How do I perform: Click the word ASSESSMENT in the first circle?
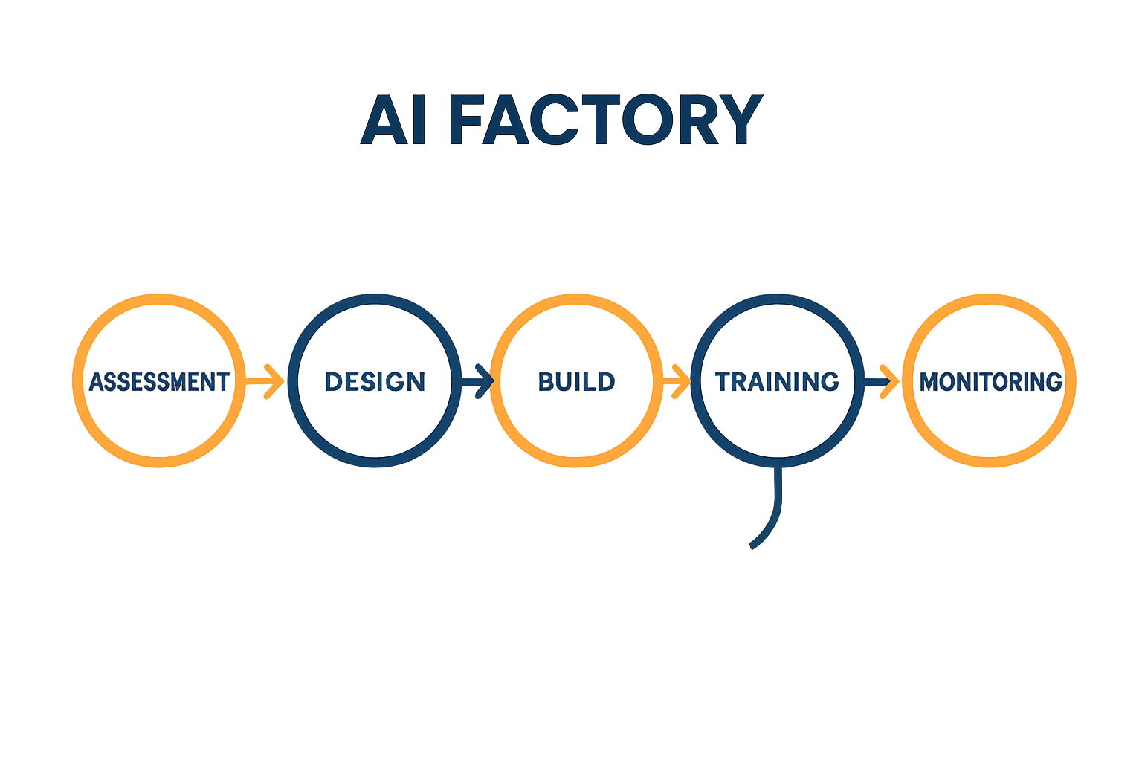159,382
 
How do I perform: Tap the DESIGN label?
375,382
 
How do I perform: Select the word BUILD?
576,382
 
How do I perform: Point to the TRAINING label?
777,382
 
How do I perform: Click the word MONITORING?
991,382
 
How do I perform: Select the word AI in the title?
394,120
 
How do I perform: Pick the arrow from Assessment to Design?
265,382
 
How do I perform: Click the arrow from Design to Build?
477,382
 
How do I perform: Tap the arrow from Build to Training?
676,382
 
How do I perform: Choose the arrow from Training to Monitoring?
877,382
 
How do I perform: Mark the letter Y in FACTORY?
736,120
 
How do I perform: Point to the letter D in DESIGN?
334,382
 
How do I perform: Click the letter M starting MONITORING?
929,382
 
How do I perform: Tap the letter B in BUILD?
546,382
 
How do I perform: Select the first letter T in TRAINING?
723,382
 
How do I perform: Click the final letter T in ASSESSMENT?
222,382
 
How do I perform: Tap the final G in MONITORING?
1053,382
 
